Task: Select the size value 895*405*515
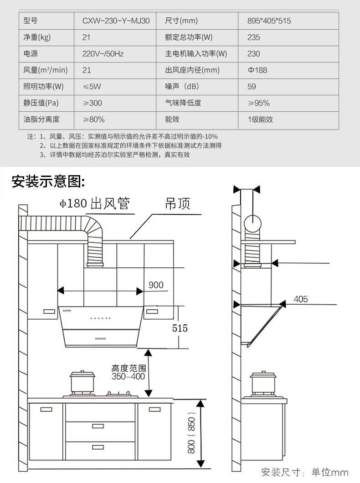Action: pos(269,21)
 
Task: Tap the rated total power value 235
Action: pos(254,37)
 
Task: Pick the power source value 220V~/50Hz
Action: pos(103,54)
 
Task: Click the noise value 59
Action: pos(252,87)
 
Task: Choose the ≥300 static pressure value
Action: pos(92,103)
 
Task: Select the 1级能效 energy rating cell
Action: pos(260,119)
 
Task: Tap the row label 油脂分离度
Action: pos(41,119)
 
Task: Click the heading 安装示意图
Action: pos(48,181)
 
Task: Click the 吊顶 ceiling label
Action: pos(177,203)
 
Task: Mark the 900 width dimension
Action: pos(156,285)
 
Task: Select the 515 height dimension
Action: pos(180,328)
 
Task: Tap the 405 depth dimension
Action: pos(301,299)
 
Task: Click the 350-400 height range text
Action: pos(129,377)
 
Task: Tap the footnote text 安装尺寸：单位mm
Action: pos(304,472)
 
